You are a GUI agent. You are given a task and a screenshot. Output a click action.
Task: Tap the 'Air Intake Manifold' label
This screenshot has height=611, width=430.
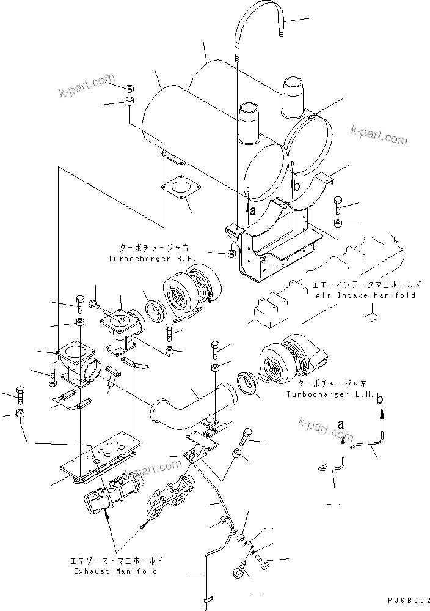366,295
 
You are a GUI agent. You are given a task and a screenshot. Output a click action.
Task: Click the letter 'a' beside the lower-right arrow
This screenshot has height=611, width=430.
340,423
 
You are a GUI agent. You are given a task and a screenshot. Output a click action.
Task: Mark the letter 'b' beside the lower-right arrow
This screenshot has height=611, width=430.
380,399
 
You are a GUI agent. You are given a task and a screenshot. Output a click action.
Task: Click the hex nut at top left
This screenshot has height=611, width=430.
130,87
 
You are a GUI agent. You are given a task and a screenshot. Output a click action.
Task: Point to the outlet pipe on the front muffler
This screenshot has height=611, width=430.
249,119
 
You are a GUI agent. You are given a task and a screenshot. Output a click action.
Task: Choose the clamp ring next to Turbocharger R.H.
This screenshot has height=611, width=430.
155,309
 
